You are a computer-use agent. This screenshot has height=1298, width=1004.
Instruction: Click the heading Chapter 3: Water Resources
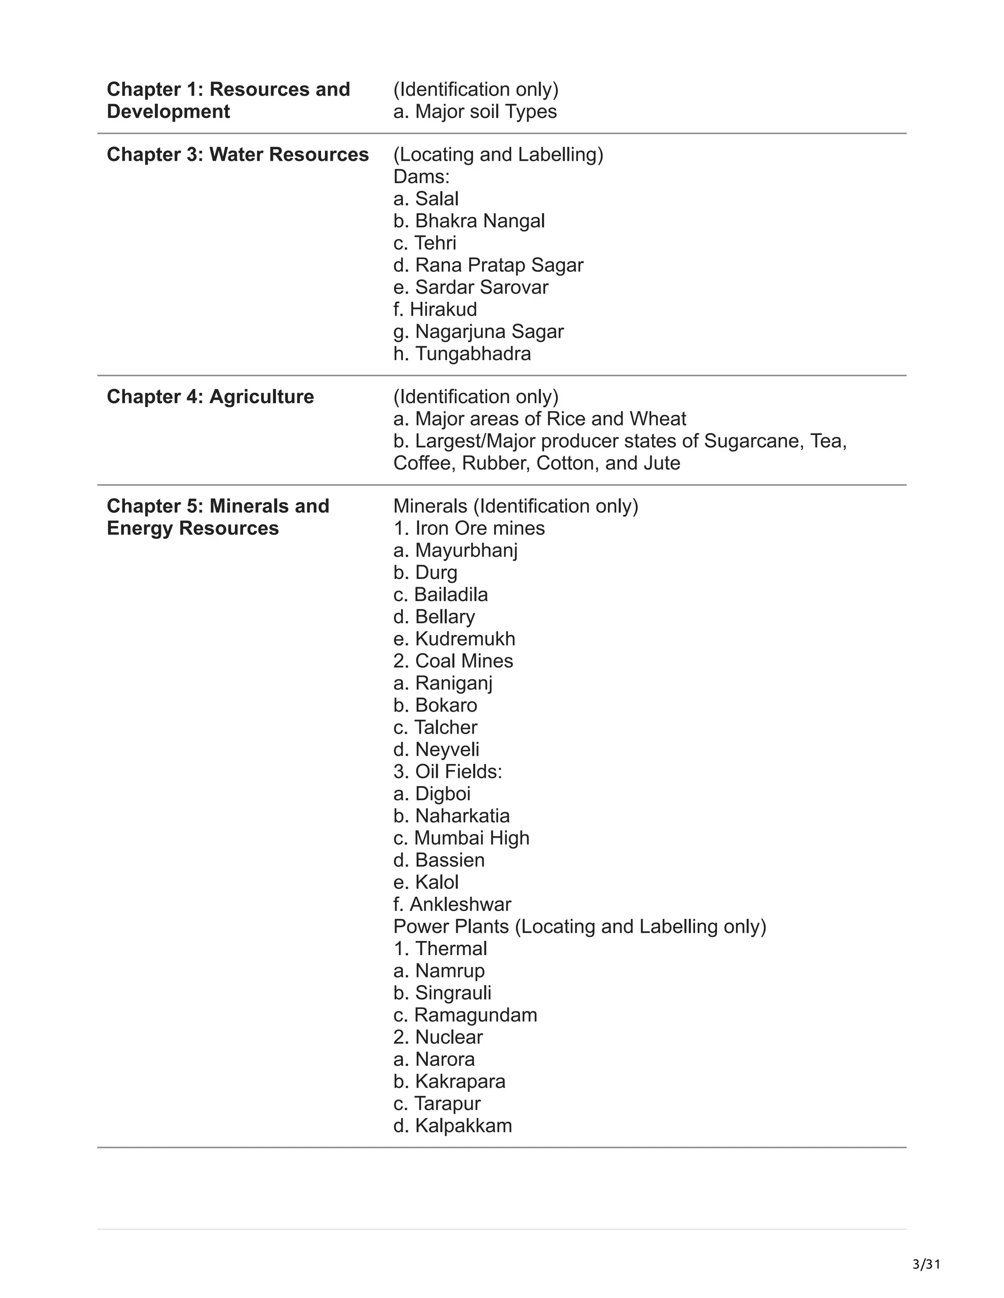(237, 154)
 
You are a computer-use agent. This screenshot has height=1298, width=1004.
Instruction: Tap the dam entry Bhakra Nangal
(469, 220)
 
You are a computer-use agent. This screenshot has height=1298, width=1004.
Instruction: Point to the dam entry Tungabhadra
(462, 354)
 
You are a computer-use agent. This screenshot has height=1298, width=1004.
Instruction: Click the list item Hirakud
(435, 309)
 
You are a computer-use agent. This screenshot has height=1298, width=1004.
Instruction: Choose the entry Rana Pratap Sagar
(488, 265)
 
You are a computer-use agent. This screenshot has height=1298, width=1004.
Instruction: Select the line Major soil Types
(475, 111)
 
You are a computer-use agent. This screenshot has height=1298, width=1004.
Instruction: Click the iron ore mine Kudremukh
(454, 638)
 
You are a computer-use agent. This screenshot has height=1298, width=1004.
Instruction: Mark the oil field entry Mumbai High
(461, 838)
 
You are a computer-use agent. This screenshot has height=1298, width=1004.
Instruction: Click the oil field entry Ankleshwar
(452, 904)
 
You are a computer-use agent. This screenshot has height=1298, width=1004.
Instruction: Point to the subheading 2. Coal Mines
(453, 661)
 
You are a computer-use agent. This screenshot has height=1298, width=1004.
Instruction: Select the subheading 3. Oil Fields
(448, 771)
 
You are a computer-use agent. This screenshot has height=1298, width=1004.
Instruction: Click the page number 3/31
(926, 1264)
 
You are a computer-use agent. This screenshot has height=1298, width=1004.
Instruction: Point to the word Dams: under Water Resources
(421, 176)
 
